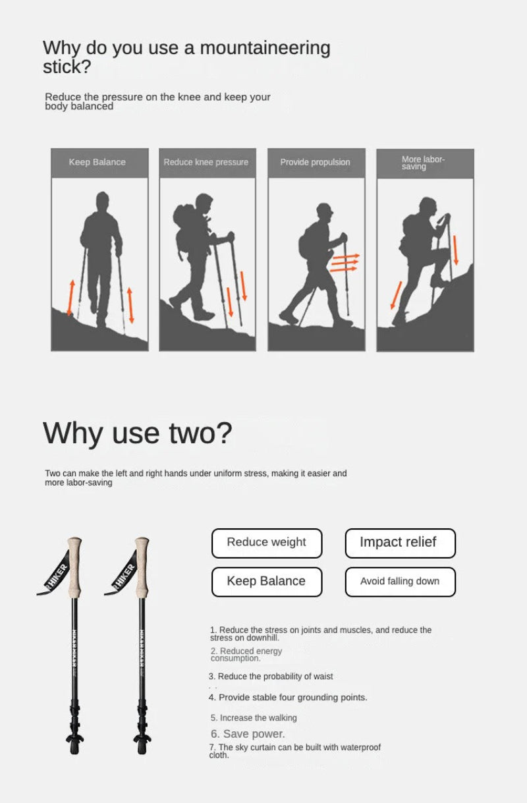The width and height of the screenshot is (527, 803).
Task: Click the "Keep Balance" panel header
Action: [x=99, y=163]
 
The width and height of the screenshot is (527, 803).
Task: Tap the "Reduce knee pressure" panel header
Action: [x=208, y=163]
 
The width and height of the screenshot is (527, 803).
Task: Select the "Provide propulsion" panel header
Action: [x=317, y=163]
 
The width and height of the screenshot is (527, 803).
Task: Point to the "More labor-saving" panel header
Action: [x=425, y=163]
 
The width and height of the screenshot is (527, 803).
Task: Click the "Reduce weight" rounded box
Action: [x=267, y=543]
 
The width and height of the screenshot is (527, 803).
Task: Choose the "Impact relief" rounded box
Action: [x=401, y=543]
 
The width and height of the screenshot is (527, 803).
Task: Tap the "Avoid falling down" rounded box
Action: [x=401, y=582]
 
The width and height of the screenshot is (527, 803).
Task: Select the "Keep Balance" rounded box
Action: [x=267, y=582]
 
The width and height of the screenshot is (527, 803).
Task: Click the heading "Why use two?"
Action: [x=138, y=433]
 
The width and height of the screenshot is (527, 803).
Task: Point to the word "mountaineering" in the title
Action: [x=265, y=49]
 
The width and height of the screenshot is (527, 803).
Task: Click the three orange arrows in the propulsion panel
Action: [x=345, y=263]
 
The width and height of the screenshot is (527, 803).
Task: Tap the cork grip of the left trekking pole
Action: [x=74, y=566]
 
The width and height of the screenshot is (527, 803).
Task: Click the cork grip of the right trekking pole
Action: [x=142, y=566]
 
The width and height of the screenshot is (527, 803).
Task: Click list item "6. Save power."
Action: [x=248, y=734]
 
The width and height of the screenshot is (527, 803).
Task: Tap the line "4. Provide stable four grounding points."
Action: [x=288, y=697]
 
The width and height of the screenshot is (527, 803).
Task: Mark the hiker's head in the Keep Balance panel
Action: [x=103, y=201]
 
